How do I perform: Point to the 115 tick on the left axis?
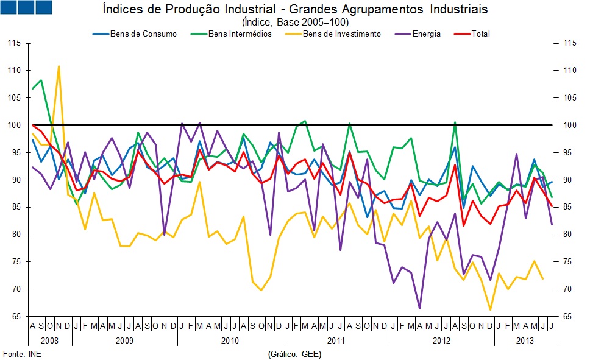click(15, 43)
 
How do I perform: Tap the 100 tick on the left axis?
click(15, 125)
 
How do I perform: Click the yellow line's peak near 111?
click(59, 66)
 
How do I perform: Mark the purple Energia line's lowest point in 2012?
click(419, 308)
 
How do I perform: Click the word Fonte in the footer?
click(13, 353)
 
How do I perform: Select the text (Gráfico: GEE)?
click(294, 353)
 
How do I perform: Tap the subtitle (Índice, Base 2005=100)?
click(294, 22)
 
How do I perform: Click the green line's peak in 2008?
click(41, 80)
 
